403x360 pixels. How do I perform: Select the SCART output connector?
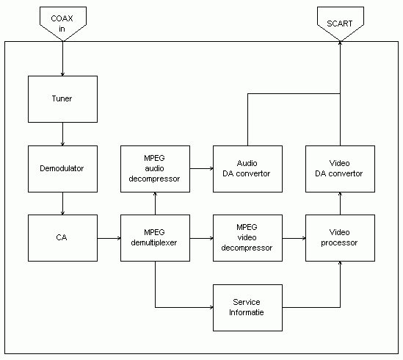pyautogui.click(x=340, y=23)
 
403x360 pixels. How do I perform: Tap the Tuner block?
pyautogui.click(x=62, y=99)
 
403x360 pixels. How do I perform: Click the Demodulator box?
pyautogui.click(x=62, y=168)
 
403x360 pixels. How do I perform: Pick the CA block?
pyautogui.click(x=62, y=237)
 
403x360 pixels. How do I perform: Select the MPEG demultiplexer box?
pyautogui.click(x=155, y=237)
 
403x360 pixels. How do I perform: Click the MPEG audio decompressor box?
pyautogui.click(x=155, y=168)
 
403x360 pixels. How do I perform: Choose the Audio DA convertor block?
pyautogui.click(x=247, y=168)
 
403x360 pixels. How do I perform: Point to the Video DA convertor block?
pyautogui.click(x=340, y=168)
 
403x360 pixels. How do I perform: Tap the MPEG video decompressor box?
pyautogui.click(x=247, y=237)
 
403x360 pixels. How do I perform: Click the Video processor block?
pyautogui.click(x=340, y=237)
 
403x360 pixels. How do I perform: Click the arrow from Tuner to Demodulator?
pyautogui.click(x=62, y=134)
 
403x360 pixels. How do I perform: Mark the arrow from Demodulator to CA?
pyautogui.click(x=62, y=203)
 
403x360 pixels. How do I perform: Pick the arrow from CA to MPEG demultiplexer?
pyautogui.click(x=109, y=238)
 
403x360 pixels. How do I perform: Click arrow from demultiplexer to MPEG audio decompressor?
pyautogui.click(x=155, y=203)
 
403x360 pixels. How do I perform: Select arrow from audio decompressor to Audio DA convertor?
pyautogui.click(x=201, y=168)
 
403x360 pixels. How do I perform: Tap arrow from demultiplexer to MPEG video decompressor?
pyautogui.click(x=201, y=238)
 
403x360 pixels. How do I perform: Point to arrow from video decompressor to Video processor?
pyautogui.click(x=294, y=238)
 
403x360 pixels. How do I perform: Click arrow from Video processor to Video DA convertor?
pyautogui.click(x=340, y=203)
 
